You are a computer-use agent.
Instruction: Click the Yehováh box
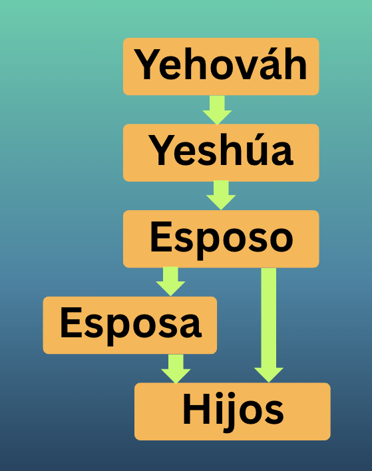point(221,67)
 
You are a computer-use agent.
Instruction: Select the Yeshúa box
point(221,152)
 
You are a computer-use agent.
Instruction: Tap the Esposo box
point(221,239)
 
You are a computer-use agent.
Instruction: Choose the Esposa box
point(130,325)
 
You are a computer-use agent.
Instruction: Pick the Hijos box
point(232,411)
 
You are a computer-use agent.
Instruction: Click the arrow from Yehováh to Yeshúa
point(217,110)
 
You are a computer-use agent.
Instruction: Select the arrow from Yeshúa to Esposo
point(221,195)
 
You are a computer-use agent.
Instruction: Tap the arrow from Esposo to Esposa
point(170,281)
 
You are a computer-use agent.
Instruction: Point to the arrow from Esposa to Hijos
point(176,369)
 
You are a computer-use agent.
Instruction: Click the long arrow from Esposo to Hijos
point(269,325)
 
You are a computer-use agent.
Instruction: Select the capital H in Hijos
point(194,409)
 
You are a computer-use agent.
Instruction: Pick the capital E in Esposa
point(71,323)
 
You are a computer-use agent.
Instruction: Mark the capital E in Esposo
point(161,236)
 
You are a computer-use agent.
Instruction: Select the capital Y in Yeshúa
point(160,150)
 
